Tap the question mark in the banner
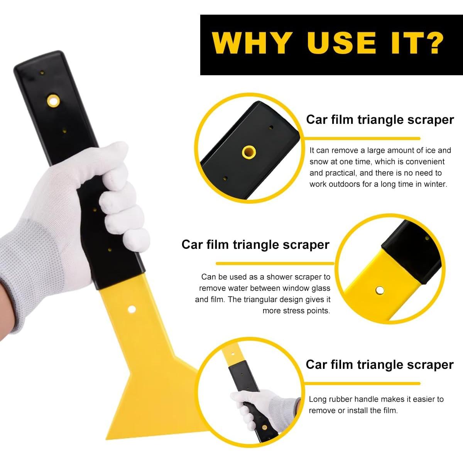(x=432, y=43)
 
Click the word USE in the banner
(x=341, y=43)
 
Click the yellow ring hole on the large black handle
(x=53, y=101)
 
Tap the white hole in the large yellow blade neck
(x=132, y=309)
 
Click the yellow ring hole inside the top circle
(x=249, y=152)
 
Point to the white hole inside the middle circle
(x=380, y=290)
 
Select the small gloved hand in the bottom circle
(x=264, y=410)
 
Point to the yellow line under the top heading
(x=362, y=139)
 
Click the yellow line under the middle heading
(x=275, y=264)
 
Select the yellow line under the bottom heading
(x=362, y=384)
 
